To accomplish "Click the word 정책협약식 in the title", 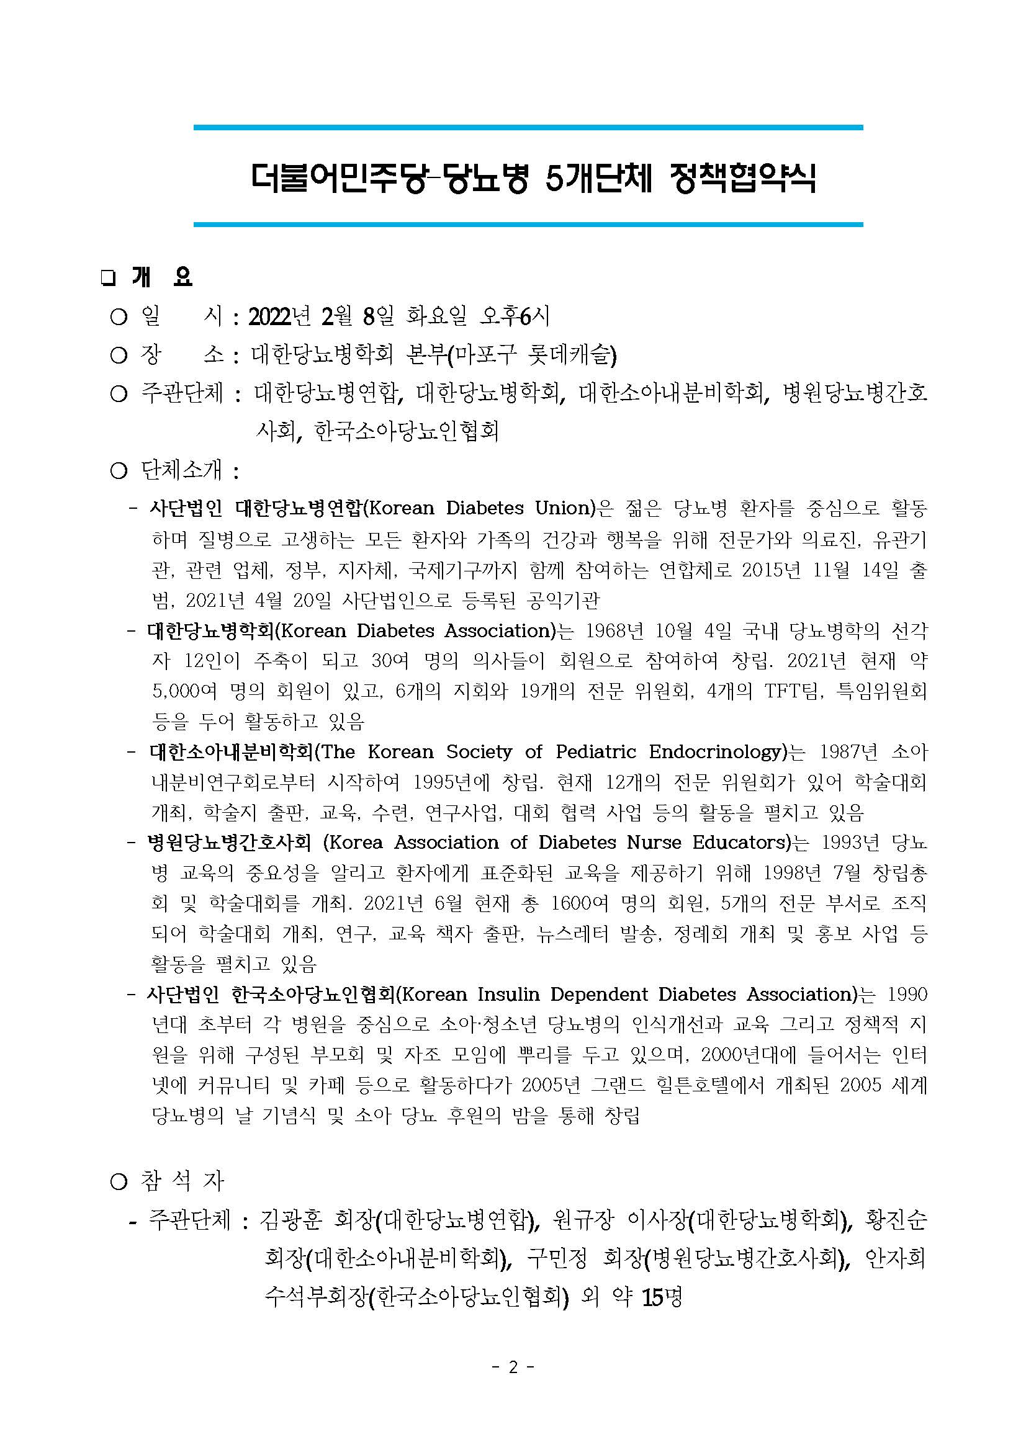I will (742, 178).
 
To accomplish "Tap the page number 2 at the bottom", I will (513, 1367).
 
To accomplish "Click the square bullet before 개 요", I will (107, 279).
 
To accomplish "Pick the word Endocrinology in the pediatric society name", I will (717, 751).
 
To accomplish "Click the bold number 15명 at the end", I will (662, 1297).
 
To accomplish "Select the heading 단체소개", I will (181, 470).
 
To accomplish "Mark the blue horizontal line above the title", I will (528, 128).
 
